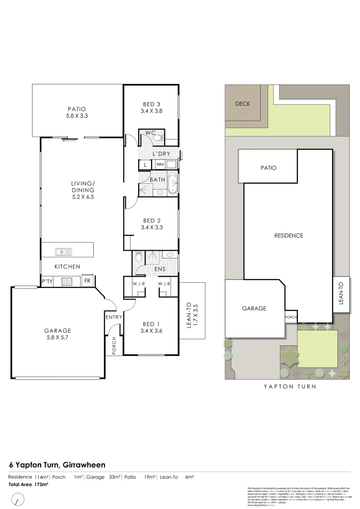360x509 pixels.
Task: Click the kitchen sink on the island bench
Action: [x=63, y=252]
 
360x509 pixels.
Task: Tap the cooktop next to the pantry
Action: [x=66, y=281]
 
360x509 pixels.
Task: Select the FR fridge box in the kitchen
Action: [x=88, y=281]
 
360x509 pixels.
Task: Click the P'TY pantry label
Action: [x=47, y=281]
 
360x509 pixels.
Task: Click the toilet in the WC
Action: [x=159, y=138]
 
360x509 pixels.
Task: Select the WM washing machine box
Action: [x=160, y=164]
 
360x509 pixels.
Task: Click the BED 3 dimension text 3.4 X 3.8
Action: [x=151, y=112]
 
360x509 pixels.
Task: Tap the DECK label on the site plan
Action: [x=243, y=104]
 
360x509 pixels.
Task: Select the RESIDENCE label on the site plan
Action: [x=288, y=236]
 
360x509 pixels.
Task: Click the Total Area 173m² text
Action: [x=28, y=484]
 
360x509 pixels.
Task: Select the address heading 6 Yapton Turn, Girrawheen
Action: [x=57, y=465]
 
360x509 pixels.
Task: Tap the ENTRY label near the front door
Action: [x=114, y=317]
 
